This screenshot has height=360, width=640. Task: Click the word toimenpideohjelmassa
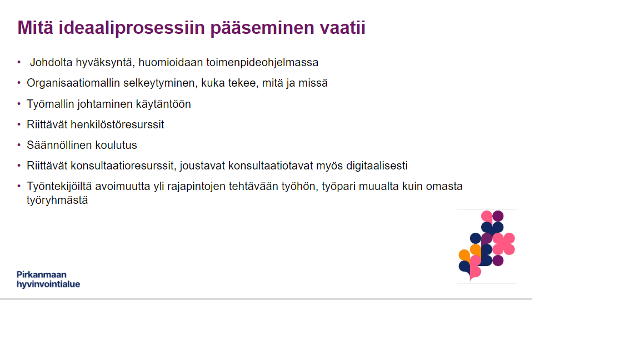point(262,62)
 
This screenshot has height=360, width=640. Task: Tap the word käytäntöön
point(163,104)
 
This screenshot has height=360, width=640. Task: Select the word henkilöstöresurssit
point(117,124)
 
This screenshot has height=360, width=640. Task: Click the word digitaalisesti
point(377,166)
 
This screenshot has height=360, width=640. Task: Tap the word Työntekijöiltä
point(59,187)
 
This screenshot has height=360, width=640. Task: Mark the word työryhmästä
point(57,201)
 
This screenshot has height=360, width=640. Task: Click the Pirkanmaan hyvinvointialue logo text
point(48,279)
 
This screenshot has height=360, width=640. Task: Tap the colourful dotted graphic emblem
point(487,246)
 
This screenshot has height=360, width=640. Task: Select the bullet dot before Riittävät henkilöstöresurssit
point(19,124)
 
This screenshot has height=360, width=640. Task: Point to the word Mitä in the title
point(35,27)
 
